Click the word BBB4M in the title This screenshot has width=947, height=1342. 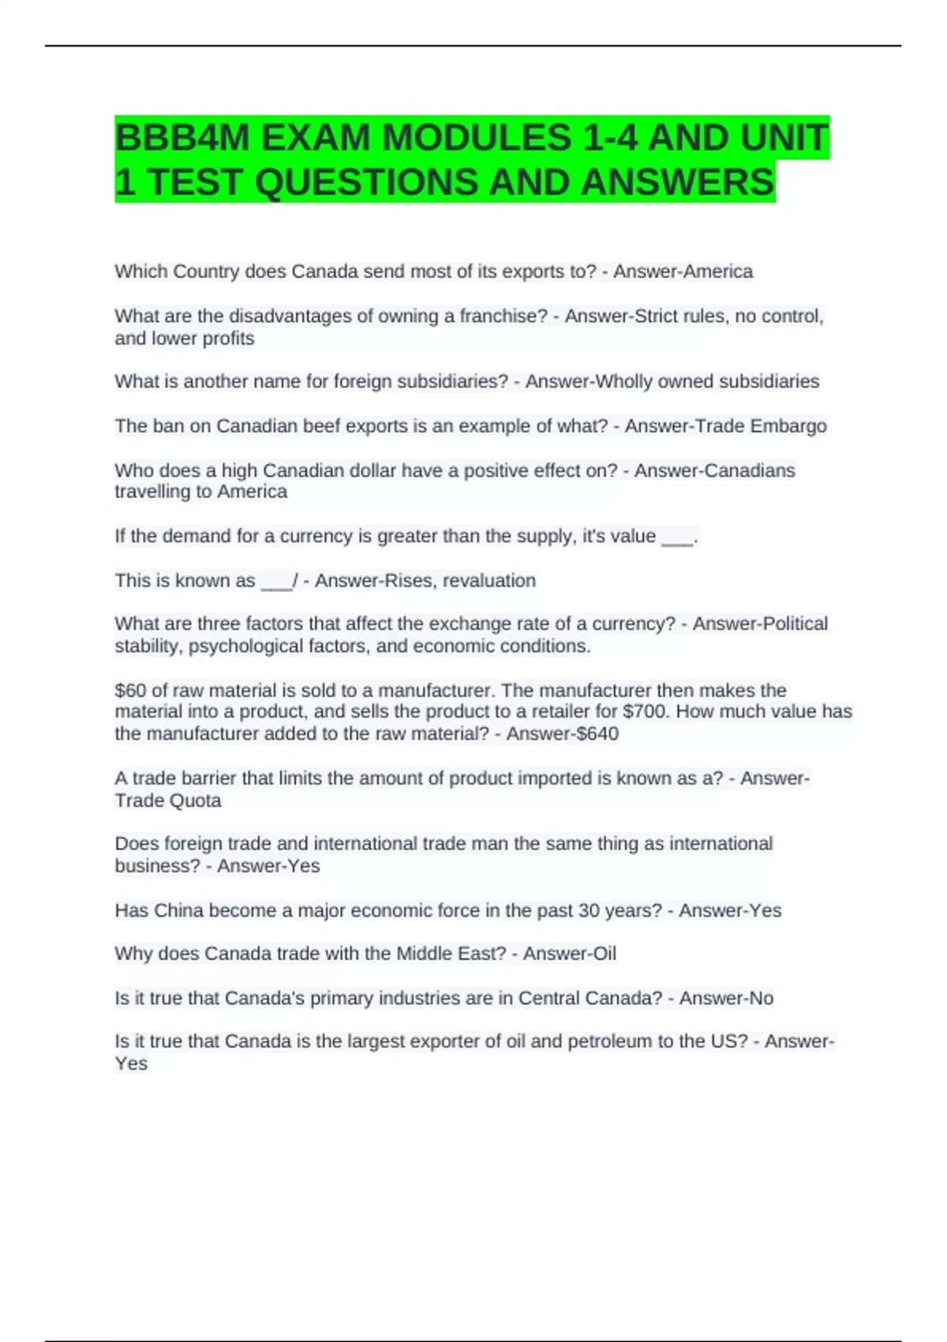[182, 138]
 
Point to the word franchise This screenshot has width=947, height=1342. [503, 317]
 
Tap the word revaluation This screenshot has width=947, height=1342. [489, 581]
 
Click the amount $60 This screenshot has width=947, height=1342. [130, 691]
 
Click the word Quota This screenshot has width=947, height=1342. [196, 801]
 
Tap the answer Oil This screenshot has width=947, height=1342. [604, 954]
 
